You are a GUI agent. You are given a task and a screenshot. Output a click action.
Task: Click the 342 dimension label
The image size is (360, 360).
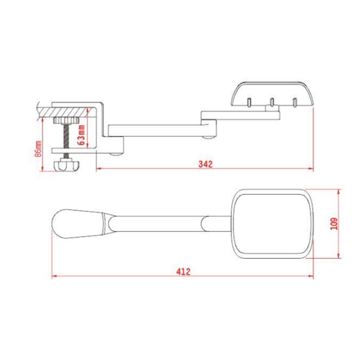pyautogui.click(x=205, y=164)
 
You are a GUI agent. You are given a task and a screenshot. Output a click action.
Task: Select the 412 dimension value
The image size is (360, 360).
pyautogui.click(x=183, y=271)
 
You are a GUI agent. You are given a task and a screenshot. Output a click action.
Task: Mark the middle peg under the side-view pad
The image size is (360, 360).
pyautogui.click(x=271, y=102)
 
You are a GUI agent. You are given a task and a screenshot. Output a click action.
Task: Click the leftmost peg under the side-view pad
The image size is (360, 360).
pyautogui.click(x=249, y=102)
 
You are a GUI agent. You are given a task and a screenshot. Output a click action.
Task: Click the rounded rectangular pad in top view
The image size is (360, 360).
pyautogui.click(x=272, y=223)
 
